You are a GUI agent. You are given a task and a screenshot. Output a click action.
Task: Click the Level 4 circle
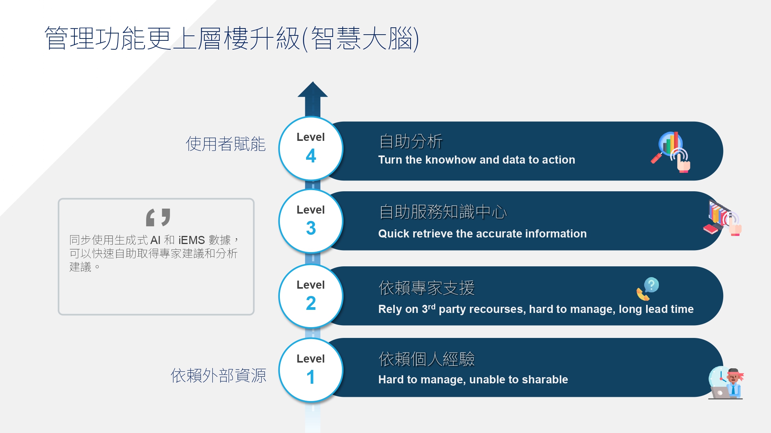311,149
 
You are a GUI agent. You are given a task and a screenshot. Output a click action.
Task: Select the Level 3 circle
311,221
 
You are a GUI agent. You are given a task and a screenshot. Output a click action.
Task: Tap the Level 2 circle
311,296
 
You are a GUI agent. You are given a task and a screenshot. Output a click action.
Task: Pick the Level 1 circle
311,370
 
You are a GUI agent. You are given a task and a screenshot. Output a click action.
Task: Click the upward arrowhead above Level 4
313,89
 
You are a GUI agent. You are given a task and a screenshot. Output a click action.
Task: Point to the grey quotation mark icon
158,217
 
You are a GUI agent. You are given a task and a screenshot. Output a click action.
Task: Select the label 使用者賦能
226,144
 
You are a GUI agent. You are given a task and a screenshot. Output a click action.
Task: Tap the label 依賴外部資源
218,376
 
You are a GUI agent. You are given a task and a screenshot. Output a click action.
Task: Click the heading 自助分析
411,141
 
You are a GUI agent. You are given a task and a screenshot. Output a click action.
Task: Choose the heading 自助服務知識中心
443,212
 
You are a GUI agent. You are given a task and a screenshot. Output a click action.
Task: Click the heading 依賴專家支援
426,288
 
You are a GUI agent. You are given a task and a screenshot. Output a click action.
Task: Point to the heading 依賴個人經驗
426,359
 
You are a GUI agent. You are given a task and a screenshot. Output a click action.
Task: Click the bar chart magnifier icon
671,152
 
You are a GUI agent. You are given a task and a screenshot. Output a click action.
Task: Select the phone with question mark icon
648,289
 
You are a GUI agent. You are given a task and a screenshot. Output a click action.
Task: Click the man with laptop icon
726,383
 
